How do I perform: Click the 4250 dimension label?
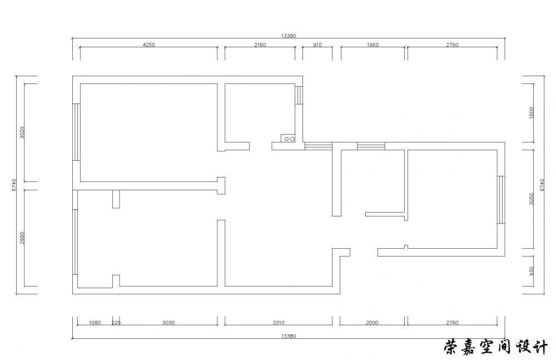point(149,45)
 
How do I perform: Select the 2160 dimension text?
point(260,45)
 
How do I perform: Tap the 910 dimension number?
point(317,45)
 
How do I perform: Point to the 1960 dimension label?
point(373,45)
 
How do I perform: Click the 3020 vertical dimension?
point(22,132)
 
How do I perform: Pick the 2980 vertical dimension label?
point(22,238)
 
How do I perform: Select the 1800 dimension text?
point(531,113)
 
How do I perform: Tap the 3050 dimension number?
point(531,199)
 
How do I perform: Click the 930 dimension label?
point(531,271)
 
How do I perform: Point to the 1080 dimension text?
point(95,323)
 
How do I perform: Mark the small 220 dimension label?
point(116,323)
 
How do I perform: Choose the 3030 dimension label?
point(168,323)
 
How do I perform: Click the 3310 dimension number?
point(279,323)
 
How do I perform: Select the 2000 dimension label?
point(372,323)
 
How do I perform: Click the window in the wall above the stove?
point(299,95)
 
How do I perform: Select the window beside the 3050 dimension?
point(501,200)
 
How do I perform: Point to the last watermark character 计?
point(539,347)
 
